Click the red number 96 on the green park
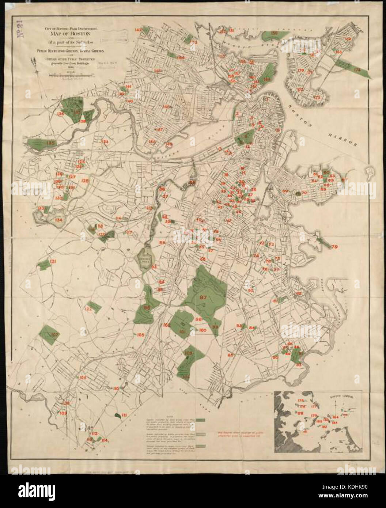tap(147, 307)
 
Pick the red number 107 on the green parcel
tap(55, 335)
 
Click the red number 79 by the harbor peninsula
tap(334, 247)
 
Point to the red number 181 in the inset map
tap(304, 432)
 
